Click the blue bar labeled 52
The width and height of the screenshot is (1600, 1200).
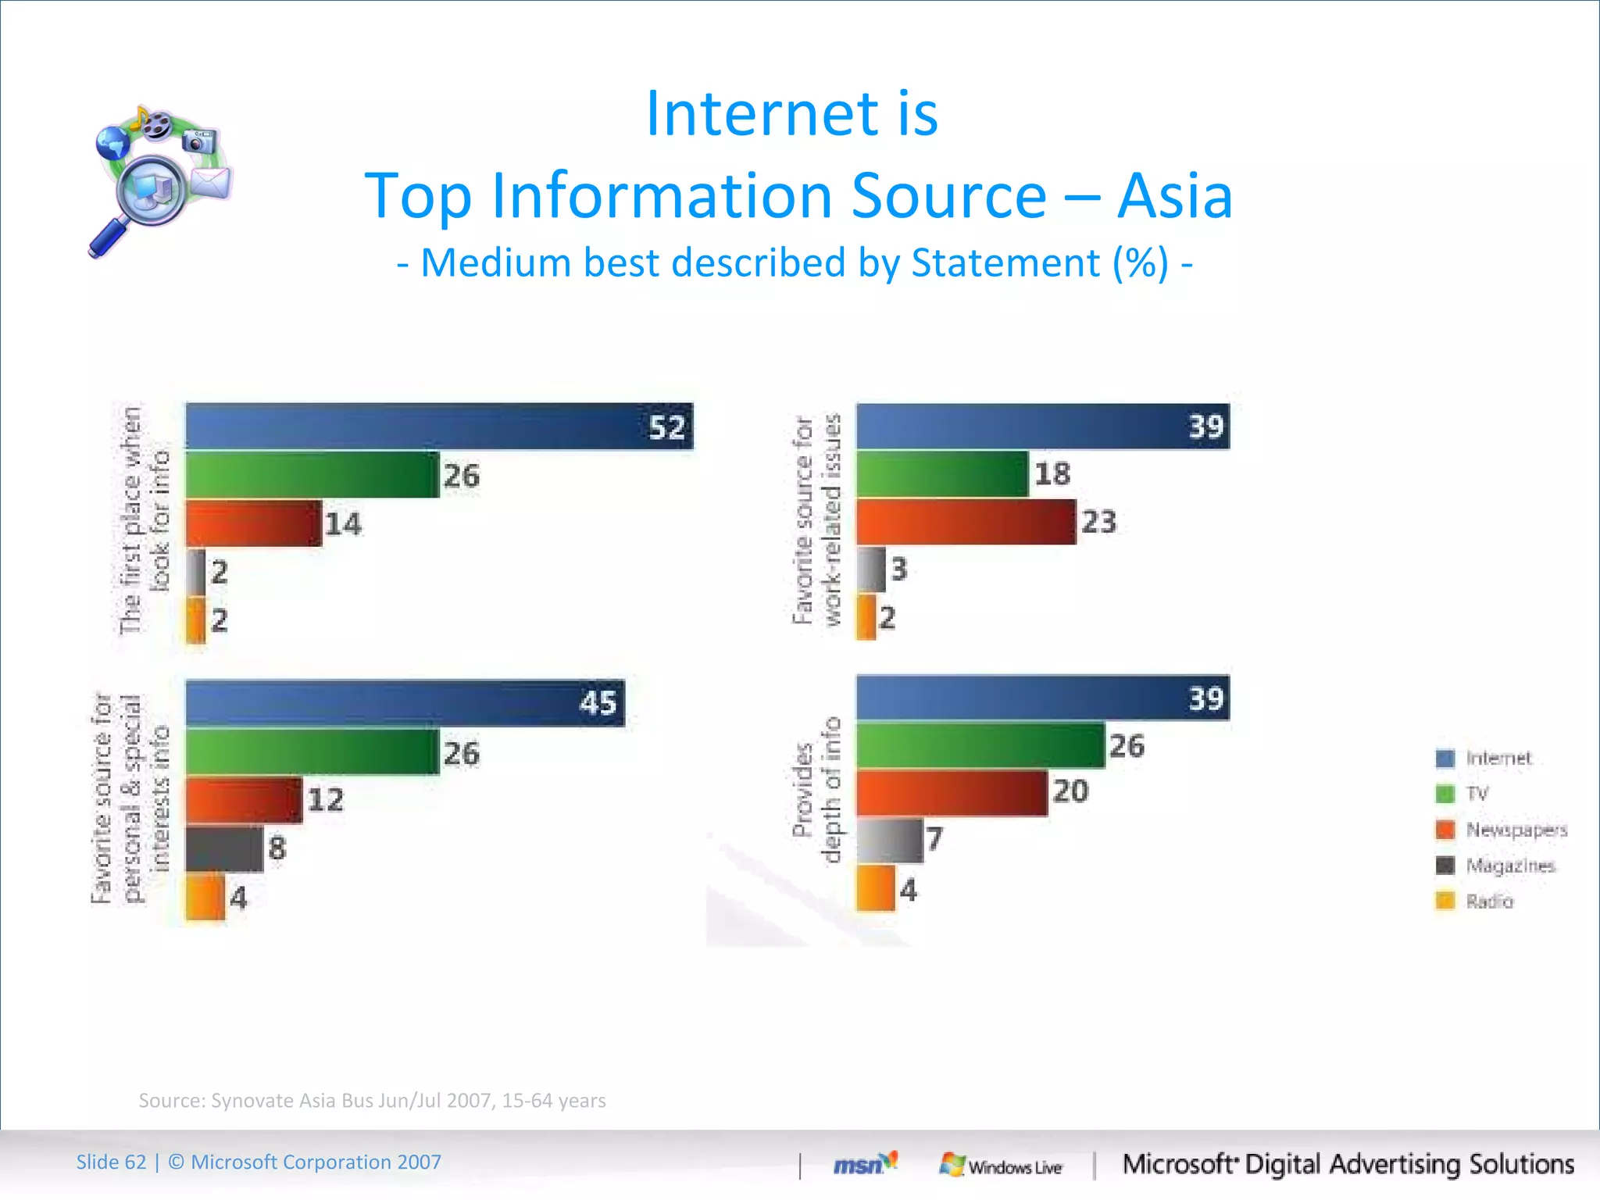[437, 427]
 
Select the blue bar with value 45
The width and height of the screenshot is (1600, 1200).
[404, 703]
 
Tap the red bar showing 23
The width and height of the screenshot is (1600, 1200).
[965, 522]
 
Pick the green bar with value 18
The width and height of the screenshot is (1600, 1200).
[941, 474]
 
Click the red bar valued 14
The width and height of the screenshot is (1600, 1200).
[253, 523]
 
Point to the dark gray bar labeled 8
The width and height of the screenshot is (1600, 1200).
[224, 849]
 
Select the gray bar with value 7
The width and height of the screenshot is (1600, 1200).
[889, 841]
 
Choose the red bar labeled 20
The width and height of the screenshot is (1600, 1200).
[951, 793]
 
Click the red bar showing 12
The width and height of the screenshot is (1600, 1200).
[243, 801]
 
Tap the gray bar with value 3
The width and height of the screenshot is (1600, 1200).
[871, 570]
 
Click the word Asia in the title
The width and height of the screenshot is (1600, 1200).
[1174, 195]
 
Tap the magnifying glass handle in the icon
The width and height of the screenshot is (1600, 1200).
[108, 239]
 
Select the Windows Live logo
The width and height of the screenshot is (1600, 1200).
[1001, 1166]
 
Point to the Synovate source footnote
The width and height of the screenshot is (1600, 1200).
[372, 1101]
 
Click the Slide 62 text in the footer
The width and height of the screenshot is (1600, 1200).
[111, 1162]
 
